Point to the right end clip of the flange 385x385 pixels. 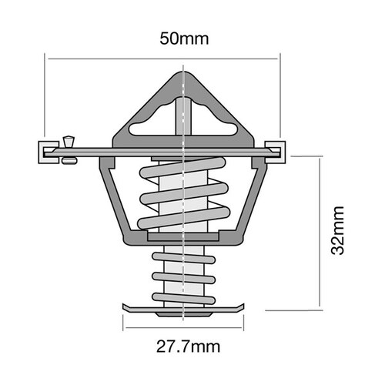pyautogui.click(x=275, y=150)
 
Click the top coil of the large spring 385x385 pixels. pyautogui.click(x=183, y=167)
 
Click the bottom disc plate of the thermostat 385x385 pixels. pyautogui.click(x=183, y=310)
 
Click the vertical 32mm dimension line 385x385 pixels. pyautogui.click(x=320, y=231)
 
